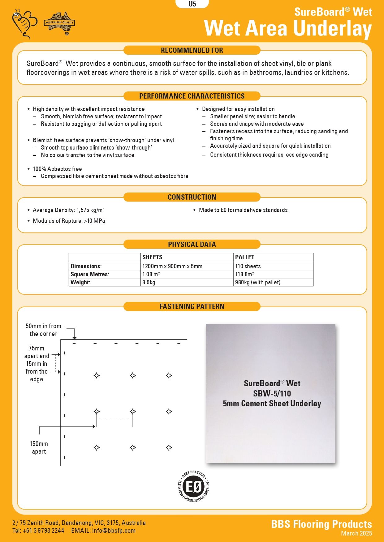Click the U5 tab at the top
(192, 4)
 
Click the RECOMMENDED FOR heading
(192, 50)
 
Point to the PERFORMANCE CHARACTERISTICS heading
(192, 96)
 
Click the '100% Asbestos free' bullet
(57, 169)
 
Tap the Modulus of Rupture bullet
(69, 221)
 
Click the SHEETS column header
(152, 257)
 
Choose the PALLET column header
(245, 257)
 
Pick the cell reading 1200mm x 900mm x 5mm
(172, 266)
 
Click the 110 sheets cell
(248, 266)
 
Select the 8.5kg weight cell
(149, 282)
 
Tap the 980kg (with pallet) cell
(258, 282)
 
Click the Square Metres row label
(90, 274)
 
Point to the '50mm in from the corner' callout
(43, 330)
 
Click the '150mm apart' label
(39, 448)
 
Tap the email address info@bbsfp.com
(114, 531)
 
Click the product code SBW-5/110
(272, 394)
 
